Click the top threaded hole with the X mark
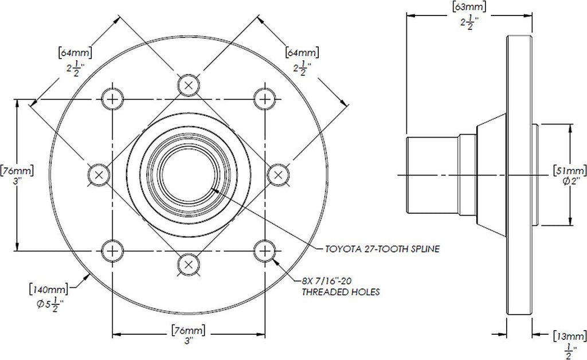click(x=189, y=85)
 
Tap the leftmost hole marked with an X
click(x=99, y=174)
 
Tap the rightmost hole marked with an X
click(x=278, y=174)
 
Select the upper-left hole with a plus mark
click(x=114, y=99)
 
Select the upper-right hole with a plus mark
click(x=264, y=99)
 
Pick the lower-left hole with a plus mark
click(x=114, y=249)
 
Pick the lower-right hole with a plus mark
click(x=264, y=249)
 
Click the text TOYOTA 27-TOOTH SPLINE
click(x=383, y=249)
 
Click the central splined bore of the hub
click(x=189, y=174)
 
